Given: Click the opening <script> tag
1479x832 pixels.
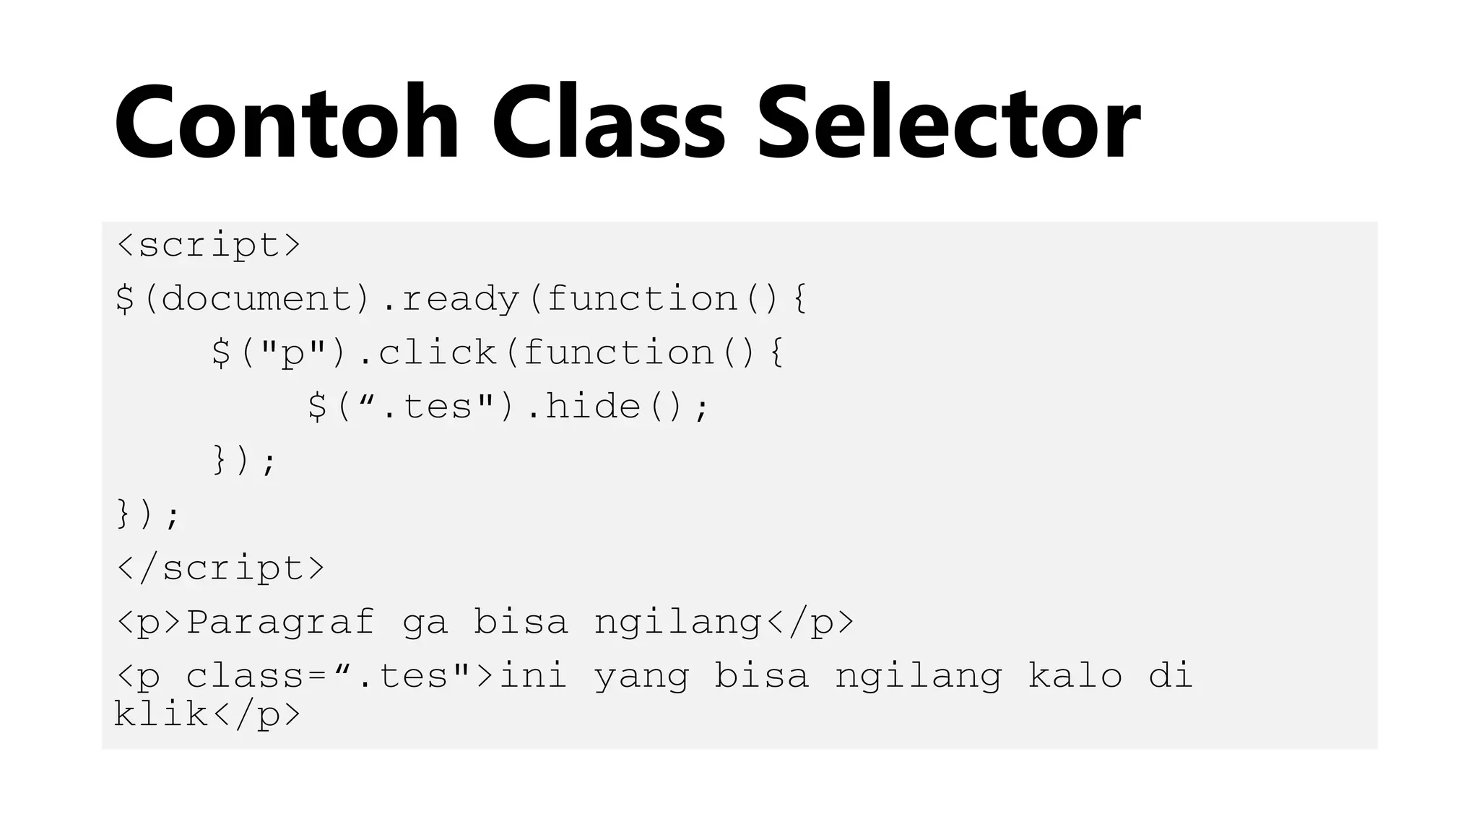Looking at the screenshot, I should (x=208, y=246).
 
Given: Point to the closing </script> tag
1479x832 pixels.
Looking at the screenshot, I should (x=220, y=568).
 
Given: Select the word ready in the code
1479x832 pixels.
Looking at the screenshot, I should (x=461, y=299).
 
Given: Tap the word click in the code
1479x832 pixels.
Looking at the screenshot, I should (x=438, y=353).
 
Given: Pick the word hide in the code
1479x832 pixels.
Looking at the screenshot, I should (x=593, y=407).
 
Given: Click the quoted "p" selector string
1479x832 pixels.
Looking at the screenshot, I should (x=292, y=353).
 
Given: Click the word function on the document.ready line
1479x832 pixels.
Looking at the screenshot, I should (x=641, y=299).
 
